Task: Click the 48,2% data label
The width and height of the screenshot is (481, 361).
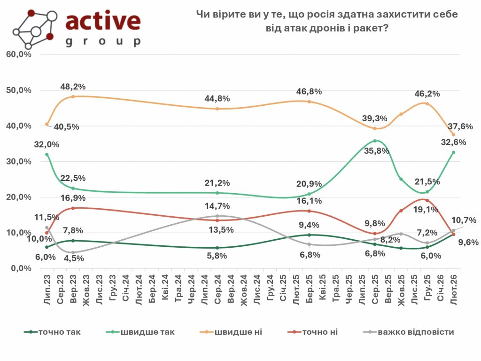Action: (x=73, y=87)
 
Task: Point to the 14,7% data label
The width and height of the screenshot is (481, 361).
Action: (x=217, y=206)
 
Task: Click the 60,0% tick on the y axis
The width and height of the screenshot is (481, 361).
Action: (x=19, y=55)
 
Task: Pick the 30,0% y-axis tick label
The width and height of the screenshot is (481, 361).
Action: (x=19, y=161)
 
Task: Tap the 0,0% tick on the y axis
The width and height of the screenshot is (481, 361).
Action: (x=21, y=268)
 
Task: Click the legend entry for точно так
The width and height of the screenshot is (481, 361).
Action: (x=59, y=332)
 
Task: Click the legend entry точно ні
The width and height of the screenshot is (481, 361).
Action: (x=320, y=332)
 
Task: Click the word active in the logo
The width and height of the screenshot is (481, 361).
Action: (x=103, y=21)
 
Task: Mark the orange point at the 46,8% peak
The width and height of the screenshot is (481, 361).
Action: (x=309, y=102)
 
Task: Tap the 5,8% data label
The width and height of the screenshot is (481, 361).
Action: (x=217, y=256)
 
